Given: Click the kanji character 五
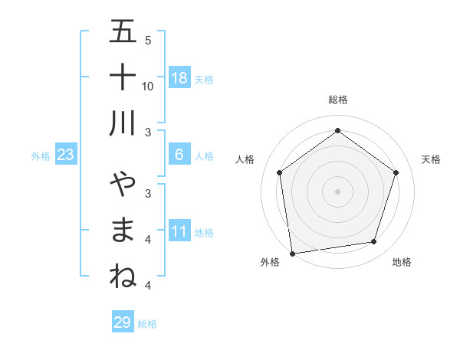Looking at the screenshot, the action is tap(123, 33).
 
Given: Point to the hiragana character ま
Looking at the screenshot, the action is tap(123, 231).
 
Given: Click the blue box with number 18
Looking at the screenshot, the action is tap(179, 78).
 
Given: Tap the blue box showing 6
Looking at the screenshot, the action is tap(179, 155).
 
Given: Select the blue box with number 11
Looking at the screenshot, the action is tap(179, 232).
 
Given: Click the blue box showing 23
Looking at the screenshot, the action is tap(66, 155).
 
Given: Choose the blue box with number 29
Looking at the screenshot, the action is tap(123, 322).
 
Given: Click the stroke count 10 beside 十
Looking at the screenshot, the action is tap(148, 86).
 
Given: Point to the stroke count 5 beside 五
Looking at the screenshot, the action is tap(148, 40).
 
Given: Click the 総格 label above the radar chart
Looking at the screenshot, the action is tap(337, 100).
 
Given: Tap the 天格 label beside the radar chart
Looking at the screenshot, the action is tap(432, 159).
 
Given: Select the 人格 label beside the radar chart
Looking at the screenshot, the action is tap(245, 159).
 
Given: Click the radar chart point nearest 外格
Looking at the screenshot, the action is tap(292, 252).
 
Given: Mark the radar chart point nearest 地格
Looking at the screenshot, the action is tap(374, 241).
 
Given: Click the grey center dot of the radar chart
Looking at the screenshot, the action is tap(337, 191).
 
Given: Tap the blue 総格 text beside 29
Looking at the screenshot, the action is tap(147, 324).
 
